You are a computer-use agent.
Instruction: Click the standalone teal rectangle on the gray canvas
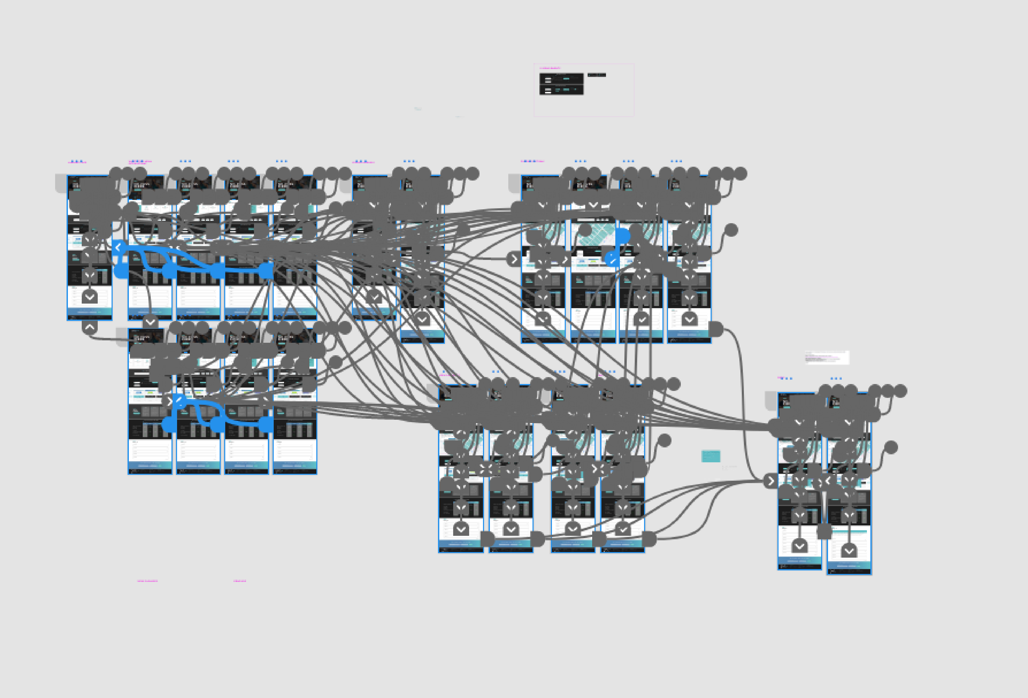710,456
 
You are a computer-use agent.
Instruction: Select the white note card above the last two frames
827,357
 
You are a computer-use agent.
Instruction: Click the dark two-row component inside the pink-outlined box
561,84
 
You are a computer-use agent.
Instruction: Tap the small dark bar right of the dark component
596,75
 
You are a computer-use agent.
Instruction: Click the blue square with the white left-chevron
118,248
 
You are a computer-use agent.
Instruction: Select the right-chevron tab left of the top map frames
514,259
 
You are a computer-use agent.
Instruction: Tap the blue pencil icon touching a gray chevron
179,401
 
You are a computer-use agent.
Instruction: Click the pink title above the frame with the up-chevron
77,162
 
